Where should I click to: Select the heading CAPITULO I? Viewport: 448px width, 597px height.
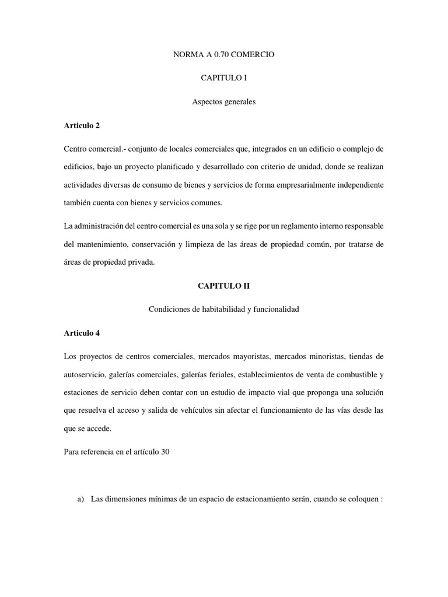pos(224,78)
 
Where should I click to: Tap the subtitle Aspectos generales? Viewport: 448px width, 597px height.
pos(224,102)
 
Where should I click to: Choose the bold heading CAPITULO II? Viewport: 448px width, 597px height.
pos(224,286)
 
